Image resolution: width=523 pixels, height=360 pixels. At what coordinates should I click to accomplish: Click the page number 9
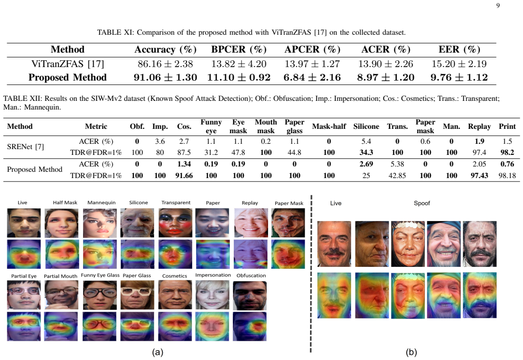pyautogui.click(x=498, y=5)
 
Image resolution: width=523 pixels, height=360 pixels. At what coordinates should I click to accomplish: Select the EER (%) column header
pyautogui.click(x=459, y=49)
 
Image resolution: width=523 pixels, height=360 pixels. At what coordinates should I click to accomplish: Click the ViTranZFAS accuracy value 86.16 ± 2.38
pyautogui.click(x=165, y=64)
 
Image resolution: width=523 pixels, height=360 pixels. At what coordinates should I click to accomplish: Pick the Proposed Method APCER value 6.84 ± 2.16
pyautogui.click(x=312, y=77)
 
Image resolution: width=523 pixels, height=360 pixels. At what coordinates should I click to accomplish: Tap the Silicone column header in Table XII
pyautogui.click(x=366, y=126)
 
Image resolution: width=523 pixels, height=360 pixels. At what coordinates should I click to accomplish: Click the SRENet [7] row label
pyautogui.click(x=25, y=147)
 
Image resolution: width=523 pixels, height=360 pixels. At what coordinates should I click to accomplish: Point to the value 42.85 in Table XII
pyautogui.click(x=397, y=175)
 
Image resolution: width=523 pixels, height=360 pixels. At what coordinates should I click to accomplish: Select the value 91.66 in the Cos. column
pyautogui.click(x=184, y=175)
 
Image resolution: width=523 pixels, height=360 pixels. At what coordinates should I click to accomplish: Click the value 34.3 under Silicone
pyautogui.click(x=366, y=152)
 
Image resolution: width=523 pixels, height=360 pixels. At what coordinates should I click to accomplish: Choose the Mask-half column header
pyautogui.click(x=329, y=126)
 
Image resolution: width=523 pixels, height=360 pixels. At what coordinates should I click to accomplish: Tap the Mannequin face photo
pyautogui.click(x=100, y=223)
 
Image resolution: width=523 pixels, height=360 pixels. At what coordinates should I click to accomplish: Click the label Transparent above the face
pyautogui.click(x=176, y=202)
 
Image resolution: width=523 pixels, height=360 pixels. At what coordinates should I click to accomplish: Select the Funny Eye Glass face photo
pyautogui.click(x=100, y=295)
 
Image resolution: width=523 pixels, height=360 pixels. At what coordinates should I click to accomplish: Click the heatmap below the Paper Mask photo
pyautogui.click(x=288, y=254)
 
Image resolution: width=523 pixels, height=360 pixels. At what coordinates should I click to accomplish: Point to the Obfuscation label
pyautogui.click(x=251, y=276)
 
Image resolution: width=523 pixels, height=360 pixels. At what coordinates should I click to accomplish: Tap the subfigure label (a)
pyautogui.click(x=157, y=352)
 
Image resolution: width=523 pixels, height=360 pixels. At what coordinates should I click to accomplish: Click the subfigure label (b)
pyautogui.click(x=411, y=352)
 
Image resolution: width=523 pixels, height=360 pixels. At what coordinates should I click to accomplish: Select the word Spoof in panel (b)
pyautogui.click(x=422, y=203)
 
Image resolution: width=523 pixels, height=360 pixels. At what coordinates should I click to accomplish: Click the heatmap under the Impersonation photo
pyautogui.click(x=212, y=326)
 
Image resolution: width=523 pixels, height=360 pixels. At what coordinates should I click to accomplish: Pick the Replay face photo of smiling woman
pyautogui.click(x=251, y=223)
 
